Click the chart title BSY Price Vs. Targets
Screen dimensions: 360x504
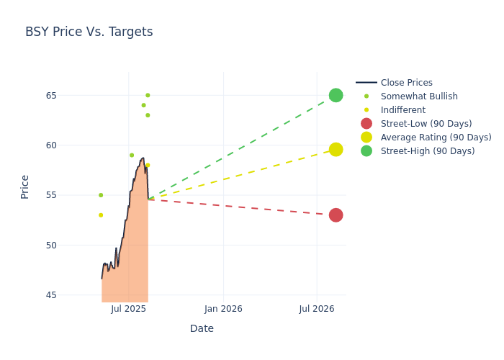click(89, 32)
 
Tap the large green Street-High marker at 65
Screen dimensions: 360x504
click(336, 95)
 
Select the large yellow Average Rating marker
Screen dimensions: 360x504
click(336, 149)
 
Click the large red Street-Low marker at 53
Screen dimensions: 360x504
click(336, 215)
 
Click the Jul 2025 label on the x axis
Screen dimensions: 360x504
click(129, 309)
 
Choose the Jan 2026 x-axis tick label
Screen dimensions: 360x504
click(223, 309)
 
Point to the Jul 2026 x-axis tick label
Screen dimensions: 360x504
click(317, 309)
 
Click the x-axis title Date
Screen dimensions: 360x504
click(202, 329)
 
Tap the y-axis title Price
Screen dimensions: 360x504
click(25, 186)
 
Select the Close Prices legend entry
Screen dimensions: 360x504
click(406, 83)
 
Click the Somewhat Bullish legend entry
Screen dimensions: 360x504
click(419, 96)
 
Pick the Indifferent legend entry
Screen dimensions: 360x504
click(402, 110)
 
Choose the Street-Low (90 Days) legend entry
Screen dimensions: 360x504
click(426, 124)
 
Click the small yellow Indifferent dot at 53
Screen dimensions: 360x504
click(101, 215)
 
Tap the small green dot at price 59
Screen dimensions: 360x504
click(132, 155)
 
